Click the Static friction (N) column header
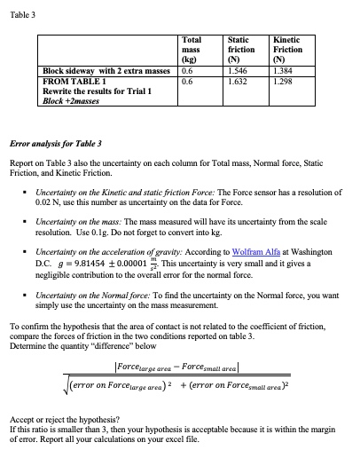[x=239, y=49]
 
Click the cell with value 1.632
[x=237, y=78]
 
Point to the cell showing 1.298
[x=283, y=78]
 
